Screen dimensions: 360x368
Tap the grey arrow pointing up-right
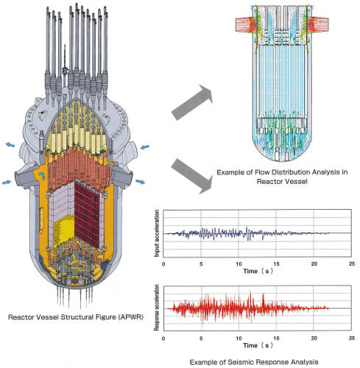click(192, 102)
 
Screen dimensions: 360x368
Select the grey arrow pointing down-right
click(191, 176)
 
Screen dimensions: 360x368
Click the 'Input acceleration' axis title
click(157, 233)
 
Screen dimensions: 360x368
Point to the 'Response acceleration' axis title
click(157, 308)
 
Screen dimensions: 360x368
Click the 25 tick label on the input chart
click(352, 264)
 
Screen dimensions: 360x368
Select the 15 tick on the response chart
click(277, 339)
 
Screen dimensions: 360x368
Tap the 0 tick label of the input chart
click(163, 264)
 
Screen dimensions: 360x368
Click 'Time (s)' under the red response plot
click(258, 345)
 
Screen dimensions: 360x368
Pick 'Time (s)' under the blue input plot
click(258, 271)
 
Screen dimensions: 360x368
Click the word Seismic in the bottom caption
click(241, 362)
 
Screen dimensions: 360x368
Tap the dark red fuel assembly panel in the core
click(88, 214)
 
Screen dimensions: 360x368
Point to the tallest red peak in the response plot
click(250, 292)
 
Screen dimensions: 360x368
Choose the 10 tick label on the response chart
click(239, 339)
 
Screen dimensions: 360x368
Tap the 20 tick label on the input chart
click(314, 264)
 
